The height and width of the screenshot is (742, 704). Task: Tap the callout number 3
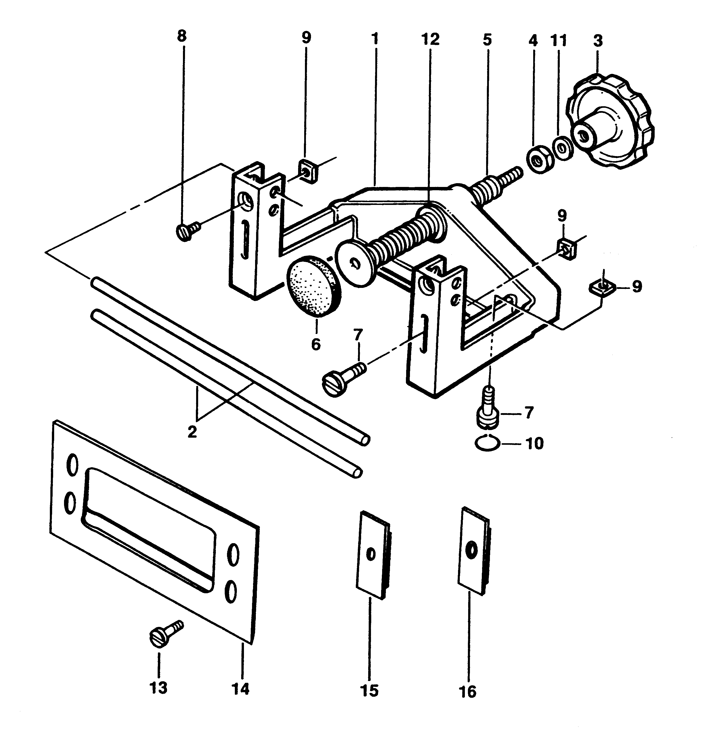click(598, 40)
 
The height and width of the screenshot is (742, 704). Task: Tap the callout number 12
click(430, 39)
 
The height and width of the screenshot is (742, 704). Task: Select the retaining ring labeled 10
click(487, 444)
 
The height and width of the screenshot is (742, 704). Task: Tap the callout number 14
click(240, 689)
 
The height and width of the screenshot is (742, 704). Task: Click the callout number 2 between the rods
click(192, 432)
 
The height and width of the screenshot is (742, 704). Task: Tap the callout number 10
click(535, 444)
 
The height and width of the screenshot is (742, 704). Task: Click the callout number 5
click(487, 40)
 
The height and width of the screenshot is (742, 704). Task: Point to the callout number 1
click(375, 39)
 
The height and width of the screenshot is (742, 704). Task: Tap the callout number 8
click(181, 36)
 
